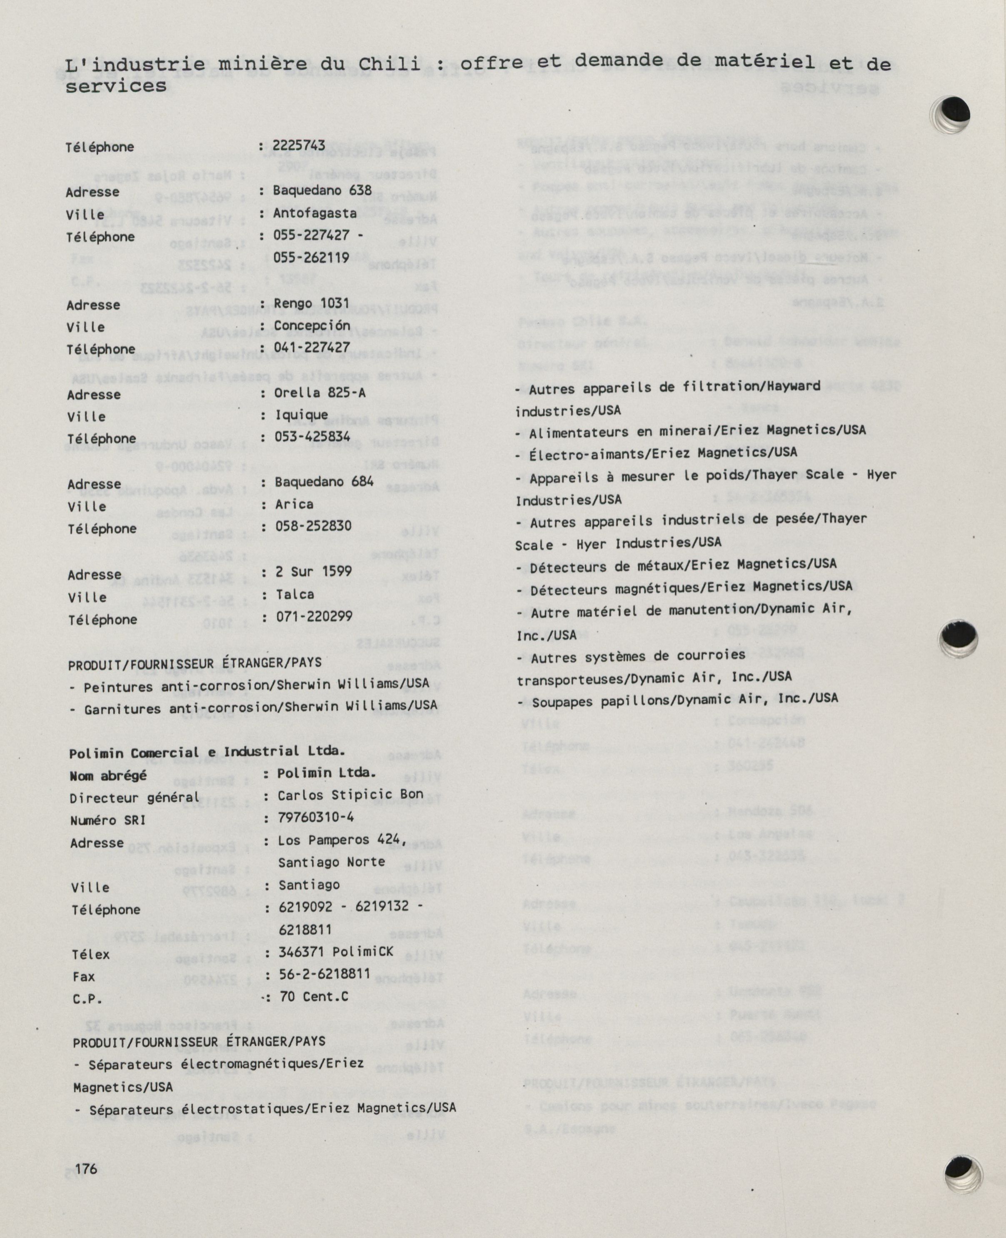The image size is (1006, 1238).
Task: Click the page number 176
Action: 86,1169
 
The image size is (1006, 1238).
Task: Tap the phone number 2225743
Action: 300,145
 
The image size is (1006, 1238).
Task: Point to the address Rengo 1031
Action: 312,303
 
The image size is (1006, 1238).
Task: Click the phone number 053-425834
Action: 312,436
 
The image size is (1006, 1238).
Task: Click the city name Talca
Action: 295,594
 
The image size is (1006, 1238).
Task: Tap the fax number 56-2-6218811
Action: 324,974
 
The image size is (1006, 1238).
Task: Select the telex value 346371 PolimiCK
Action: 335,952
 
